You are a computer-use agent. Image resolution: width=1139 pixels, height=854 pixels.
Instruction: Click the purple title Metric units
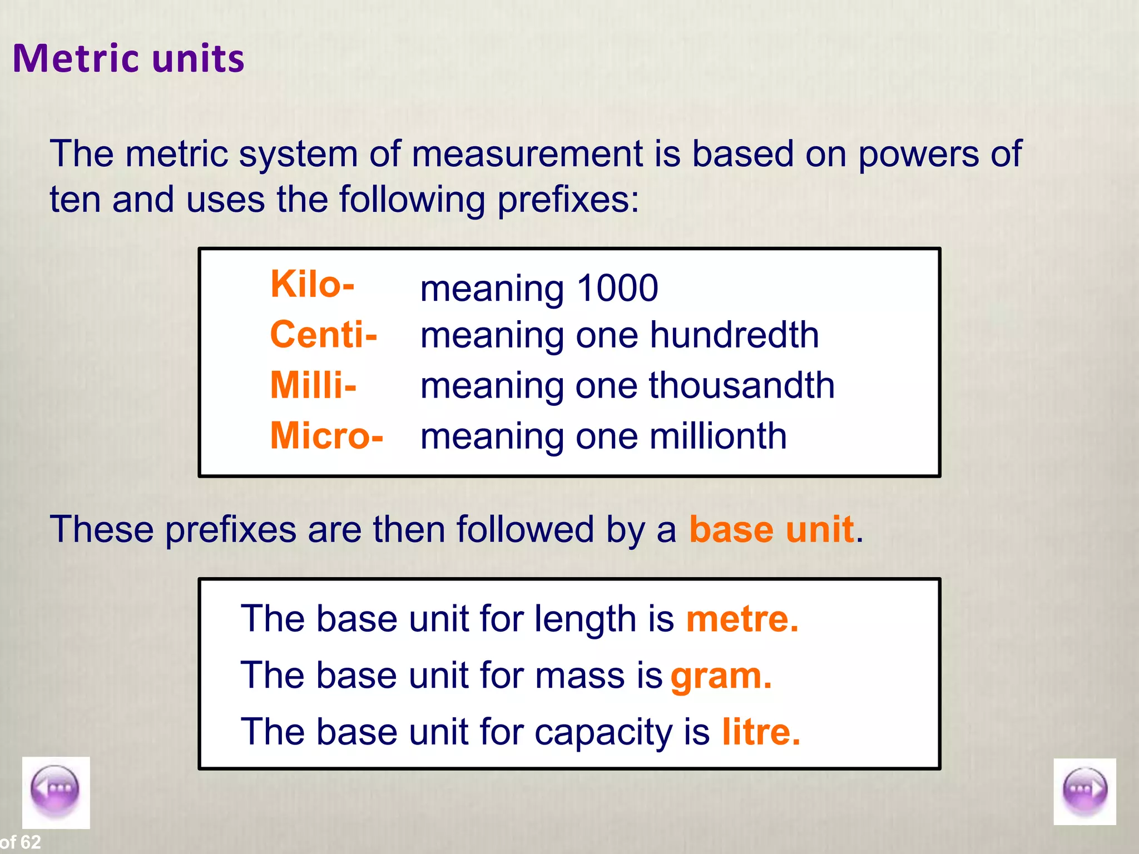(128, 58)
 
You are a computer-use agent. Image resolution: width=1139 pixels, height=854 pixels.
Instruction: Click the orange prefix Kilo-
(312, 284)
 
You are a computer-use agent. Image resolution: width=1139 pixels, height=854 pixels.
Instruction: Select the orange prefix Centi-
(323, 335)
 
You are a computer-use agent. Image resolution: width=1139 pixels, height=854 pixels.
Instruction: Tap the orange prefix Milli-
(313, 385)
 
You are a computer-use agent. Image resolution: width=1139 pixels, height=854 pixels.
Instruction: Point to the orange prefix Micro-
(326, 435)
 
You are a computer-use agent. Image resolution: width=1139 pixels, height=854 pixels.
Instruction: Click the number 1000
(617, 288)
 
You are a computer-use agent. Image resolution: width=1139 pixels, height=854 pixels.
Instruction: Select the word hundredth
(734, 335)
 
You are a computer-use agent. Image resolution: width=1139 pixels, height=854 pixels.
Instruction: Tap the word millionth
(718, 436)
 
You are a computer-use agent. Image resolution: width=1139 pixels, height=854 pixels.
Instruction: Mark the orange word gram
(721, 677)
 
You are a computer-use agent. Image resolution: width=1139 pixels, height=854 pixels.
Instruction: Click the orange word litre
(761, 732)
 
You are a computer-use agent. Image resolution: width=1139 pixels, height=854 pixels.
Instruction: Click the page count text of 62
(21, 842)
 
